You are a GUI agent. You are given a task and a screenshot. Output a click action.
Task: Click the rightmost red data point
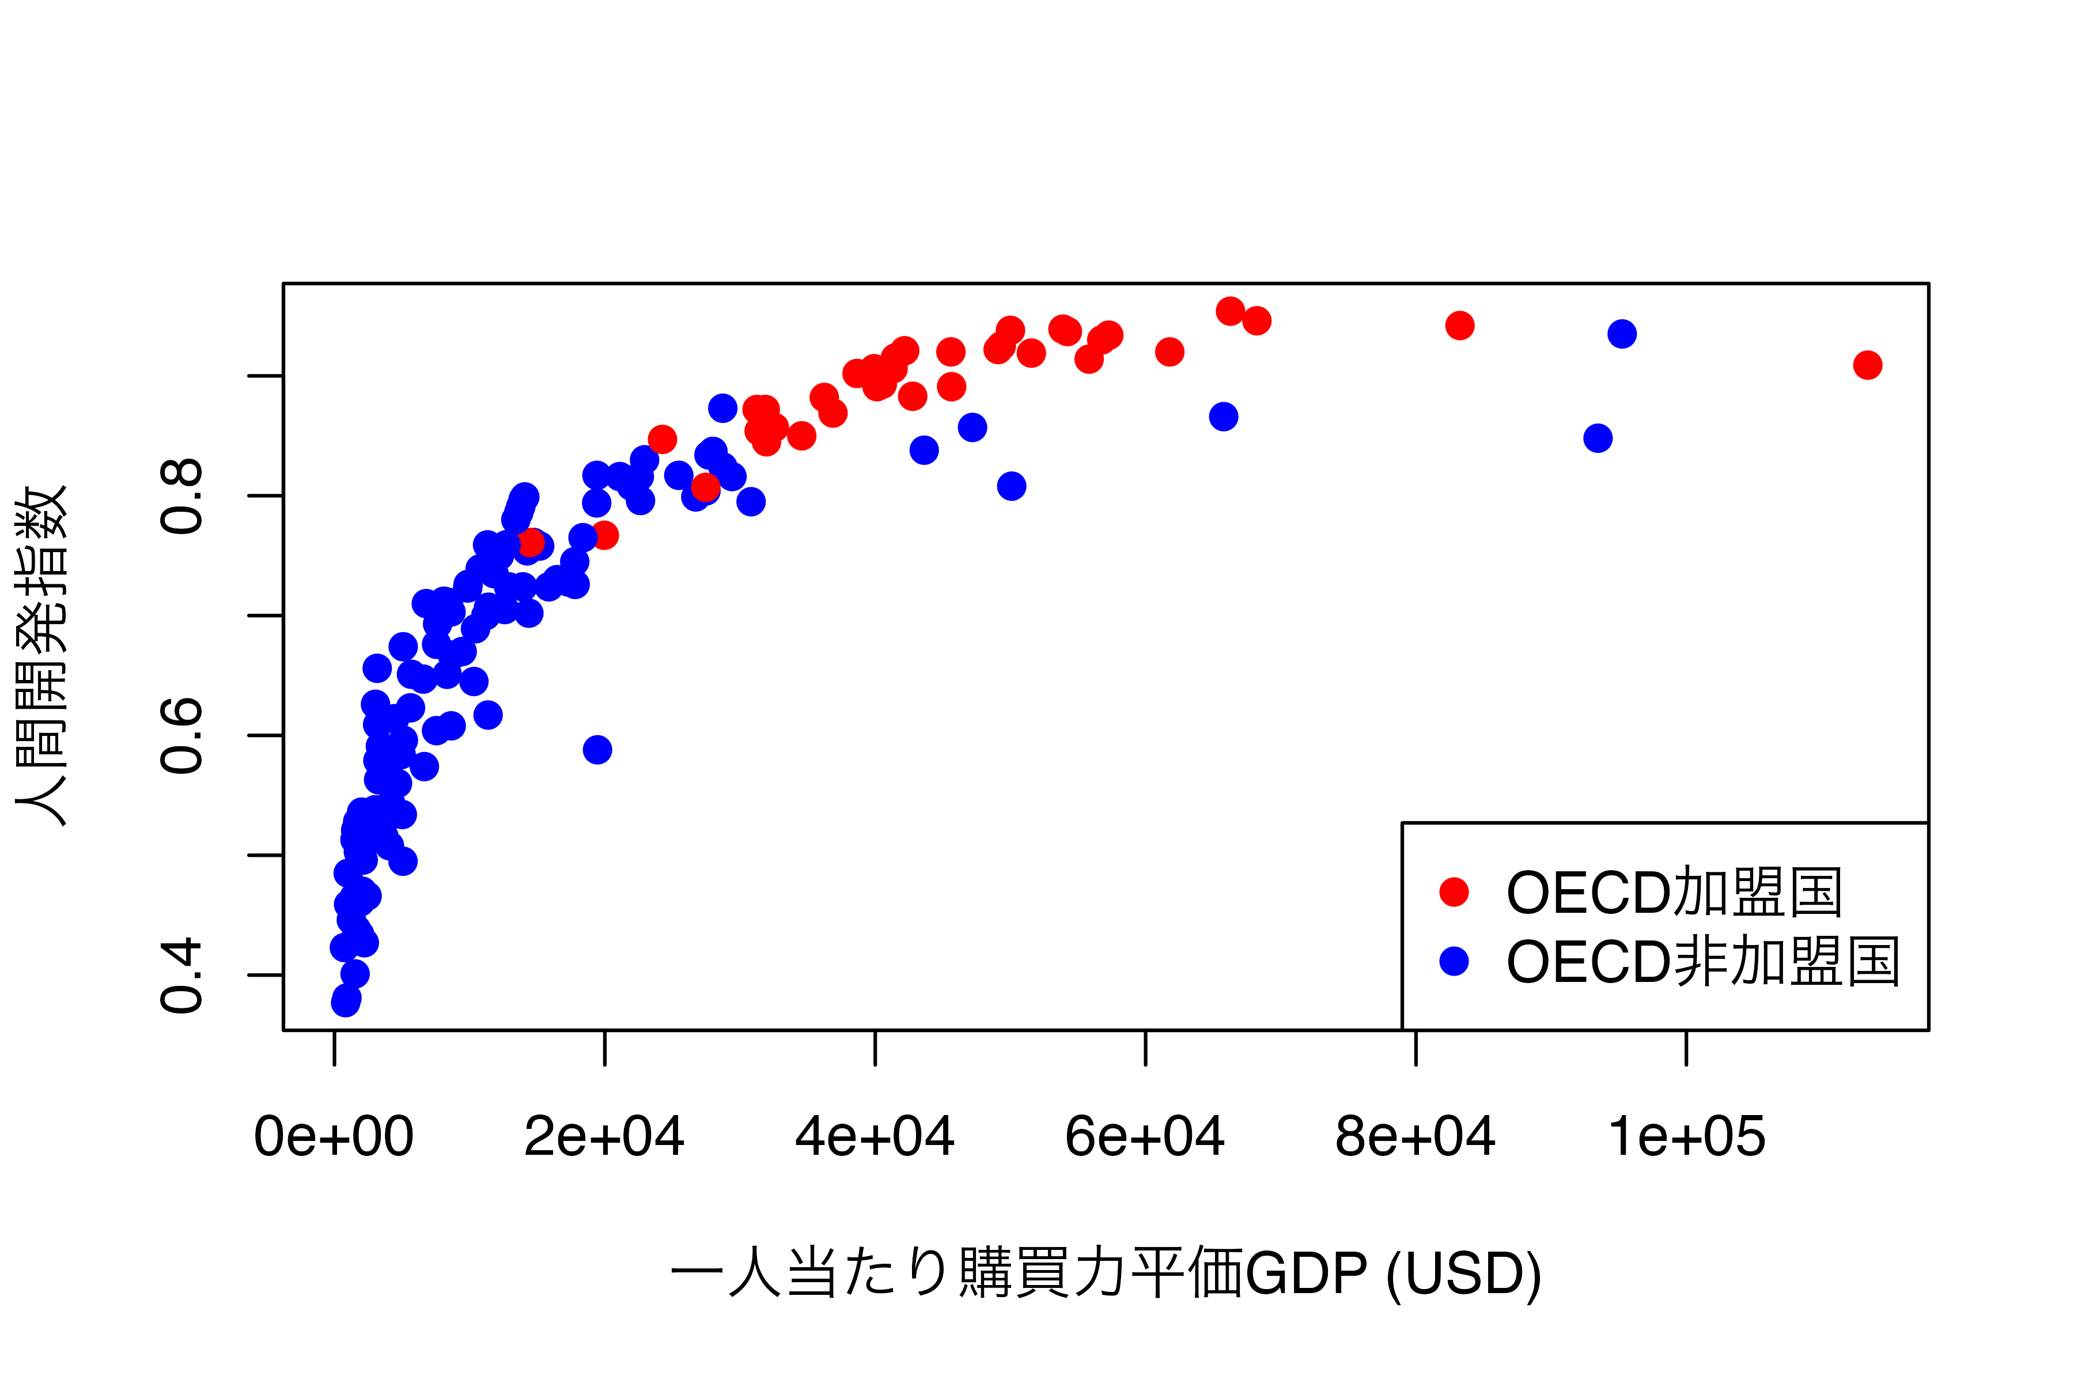coord(1868,365)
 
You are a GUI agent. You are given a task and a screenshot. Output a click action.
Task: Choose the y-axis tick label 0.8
coord(183,496)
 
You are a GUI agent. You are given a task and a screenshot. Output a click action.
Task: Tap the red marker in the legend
coord(1454,891)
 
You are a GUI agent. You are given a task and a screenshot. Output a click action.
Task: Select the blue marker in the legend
coord(1454,961)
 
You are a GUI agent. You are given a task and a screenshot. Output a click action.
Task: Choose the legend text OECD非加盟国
coord(1703,961)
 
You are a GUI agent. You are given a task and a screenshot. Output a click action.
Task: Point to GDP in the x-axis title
coord(1306,1274)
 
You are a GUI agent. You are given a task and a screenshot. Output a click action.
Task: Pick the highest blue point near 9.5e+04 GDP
coord(1622,334)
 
